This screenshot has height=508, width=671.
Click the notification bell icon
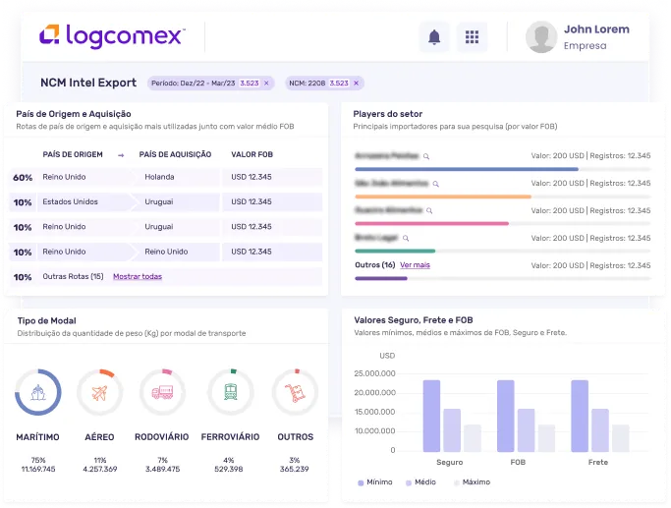point(434,37)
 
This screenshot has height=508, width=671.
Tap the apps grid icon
point(472,37)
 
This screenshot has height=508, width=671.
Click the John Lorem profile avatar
point(541,37)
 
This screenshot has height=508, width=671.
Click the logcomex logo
point(111,37)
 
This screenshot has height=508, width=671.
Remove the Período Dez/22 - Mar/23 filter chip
point(270,84)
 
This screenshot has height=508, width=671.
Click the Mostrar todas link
point(138,276)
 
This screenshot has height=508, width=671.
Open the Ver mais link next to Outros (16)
point(415,265)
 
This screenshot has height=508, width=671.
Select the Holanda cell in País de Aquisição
point(159,177)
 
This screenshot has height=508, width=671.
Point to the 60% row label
point(23,177)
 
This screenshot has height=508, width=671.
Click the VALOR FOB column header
point(252,154)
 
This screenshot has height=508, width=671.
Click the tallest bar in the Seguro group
point(431,415)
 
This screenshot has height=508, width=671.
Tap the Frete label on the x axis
point(598,462)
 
